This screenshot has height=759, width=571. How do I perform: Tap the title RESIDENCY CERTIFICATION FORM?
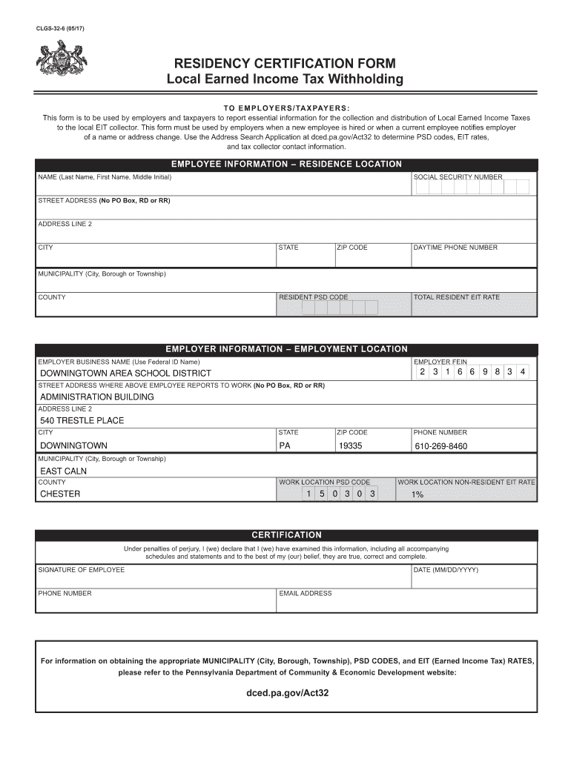285,64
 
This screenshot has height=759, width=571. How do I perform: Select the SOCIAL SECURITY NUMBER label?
458,177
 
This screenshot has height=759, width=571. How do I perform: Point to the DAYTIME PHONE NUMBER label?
455,248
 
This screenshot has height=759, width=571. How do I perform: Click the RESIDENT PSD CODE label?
313,297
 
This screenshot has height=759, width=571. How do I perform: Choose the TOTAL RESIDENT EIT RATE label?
457,297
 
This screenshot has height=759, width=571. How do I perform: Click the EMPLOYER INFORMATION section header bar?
286,349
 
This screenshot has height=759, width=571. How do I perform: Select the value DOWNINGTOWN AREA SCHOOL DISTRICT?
125,373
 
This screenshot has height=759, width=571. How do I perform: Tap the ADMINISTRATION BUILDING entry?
97,397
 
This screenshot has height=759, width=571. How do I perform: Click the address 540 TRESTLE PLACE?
82,420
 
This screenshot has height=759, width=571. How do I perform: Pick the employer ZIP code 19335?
350,446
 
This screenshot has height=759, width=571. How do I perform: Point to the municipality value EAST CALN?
63,471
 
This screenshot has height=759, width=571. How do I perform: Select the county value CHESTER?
60,494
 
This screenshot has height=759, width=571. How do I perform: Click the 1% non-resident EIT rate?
417,494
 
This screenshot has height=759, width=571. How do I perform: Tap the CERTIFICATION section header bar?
286,535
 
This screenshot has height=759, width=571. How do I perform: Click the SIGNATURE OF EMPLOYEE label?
82,570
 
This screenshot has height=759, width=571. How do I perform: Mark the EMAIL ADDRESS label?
305,594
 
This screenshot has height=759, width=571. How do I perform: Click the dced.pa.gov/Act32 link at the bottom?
286,695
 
